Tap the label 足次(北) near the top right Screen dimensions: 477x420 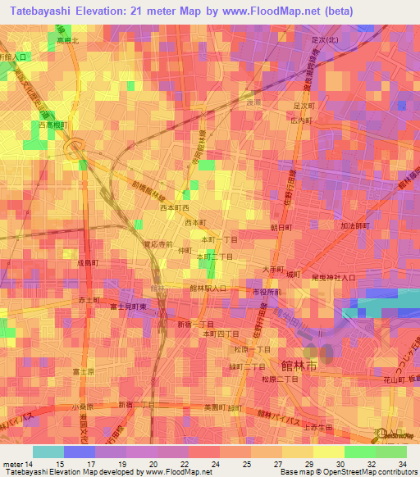pyautogui.click(x=324, y=39)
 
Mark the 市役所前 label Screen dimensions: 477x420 pyautogui.click(x=267, y=292)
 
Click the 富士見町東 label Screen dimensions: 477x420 pyautogui.click(x=128, y=306)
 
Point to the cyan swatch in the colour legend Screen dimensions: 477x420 pyautogui.click(x=48, y=452)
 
